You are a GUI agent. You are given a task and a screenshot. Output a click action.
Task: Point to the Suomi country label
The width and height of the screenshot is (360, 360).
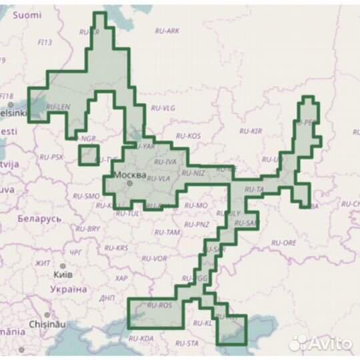27,15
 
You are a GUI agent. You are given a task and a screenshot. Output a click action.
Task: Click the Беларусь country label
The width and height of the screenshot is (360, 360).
39,218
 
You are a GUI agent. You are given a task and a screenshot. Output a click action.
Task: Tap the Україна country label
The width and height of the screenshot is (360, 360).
69,289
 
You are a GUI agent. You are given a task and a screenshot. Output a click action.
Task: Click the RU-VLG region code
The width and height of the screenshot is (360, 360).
163,107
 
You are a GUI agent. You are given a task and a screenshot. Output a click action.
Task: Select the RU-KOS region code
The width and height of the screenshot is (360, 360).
189,136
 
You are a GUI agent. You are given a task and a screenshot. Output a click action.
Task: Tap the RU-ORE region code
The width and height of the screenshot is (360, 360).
284,243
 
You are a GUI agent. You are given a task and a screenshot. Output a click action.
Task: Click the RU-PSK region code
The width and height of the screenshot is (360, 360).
51,157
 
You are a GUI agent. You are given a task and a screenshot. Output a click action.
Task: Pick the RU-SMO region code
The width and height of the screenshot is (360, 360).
86,197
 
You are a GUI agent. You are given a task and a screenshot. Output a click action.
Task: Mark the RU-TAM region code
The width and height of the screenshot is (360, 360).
167,232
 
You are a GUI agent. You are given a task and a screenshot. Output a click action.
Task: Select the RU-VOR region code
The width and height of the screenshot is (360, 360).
155,258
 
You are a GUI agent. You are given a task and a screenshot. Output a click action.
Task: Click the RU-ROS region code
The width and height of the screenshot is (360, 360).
159,305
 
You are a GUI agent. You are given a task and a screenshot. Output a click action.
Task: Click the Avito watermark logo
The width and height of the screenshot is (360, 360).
320,343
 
